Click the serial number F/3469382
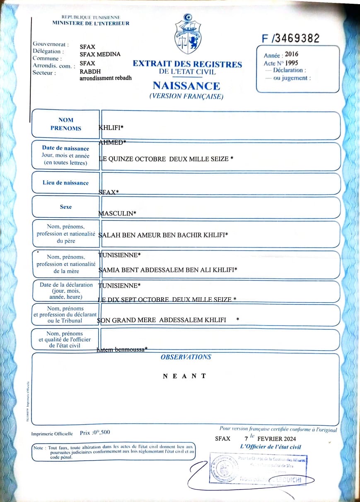pyautogui.click(x=291, y=39)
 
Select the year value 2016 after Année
pyautogui.click(x=291, y=54)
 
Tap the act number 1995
pyautogui.click(x=291, y=63)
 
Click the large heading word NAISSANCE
pyautogui.click(x=186, y=86)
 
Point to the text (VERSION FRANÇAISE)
pyautogui.click(x=186, y=97)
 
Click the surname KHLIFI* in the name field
pyautogui.click(x=111, y=128)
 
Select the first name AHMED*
pyautogui.click(x=112, y=142)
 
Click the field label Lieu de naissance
pyautogui.click(x=65, y=183)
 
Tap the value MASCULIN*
pyautogui.click(x=117, y=213)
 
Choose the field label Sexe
pyautogui.click(x=65, y=207)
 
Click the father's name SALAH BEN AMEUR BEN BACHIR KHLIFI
pyautogui.click(x=163, y=235)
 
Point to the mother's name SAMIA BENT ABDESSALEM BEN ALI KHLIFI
pyautogui.click(x=168, y=270)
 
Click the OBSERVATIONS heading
pyautogui.click(x=186, y=357)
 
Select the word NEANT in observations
pyautogui.click(x=184, y=376)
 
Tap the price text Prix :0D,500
pyautogui.click(x=95, y=432)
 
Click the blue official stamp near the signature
pyautogui.click(x=259, y=469)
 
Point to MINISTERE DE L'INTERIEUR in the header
pyautogui.click(x=91, y=23)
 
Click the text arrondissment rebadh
pyautogui.click(x=106, y=78)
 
